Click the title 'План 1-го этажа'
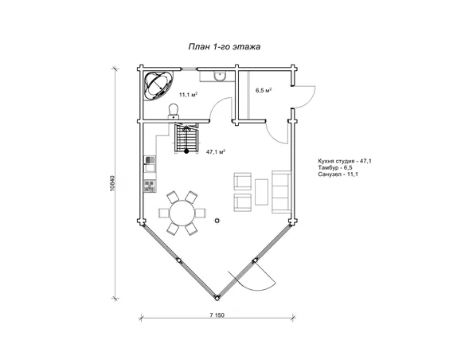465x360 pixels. [x=225, y=47]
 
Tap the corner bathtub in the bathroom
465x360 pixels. [x=158, y=85]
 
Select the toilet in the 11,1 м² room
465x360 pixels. [x=174, y=111]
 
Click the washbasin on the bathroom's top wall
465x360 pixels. [x=220, y=76]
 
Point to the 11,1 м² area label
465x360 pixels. [x=189, y=95]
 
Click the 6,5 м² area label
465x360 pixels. [x=264, y=90]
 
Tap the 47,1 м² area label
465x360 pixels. [x=216, y=152]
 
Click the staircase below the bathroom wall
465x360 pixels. [x=186, y=139]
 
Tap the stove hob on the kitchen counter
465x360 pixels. [x=150, y=186]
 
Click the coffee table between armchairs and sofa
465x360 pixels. [x=261, y=192]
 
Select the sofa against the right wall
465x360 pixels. [x=281, y=192]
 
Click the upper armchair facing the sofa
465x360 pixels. [x=243, y=182]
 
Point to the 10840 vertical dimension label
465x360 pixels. [x=111, y=183]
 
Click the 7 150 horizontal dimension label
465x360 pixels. [x=217, y=315]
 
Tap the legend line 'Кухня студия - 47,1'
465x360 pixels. [x=345, y=161]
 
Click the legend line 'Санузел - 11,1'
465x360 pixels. [x=338, y=174]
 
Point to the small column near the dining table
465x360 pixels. [x=217, y=221]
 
